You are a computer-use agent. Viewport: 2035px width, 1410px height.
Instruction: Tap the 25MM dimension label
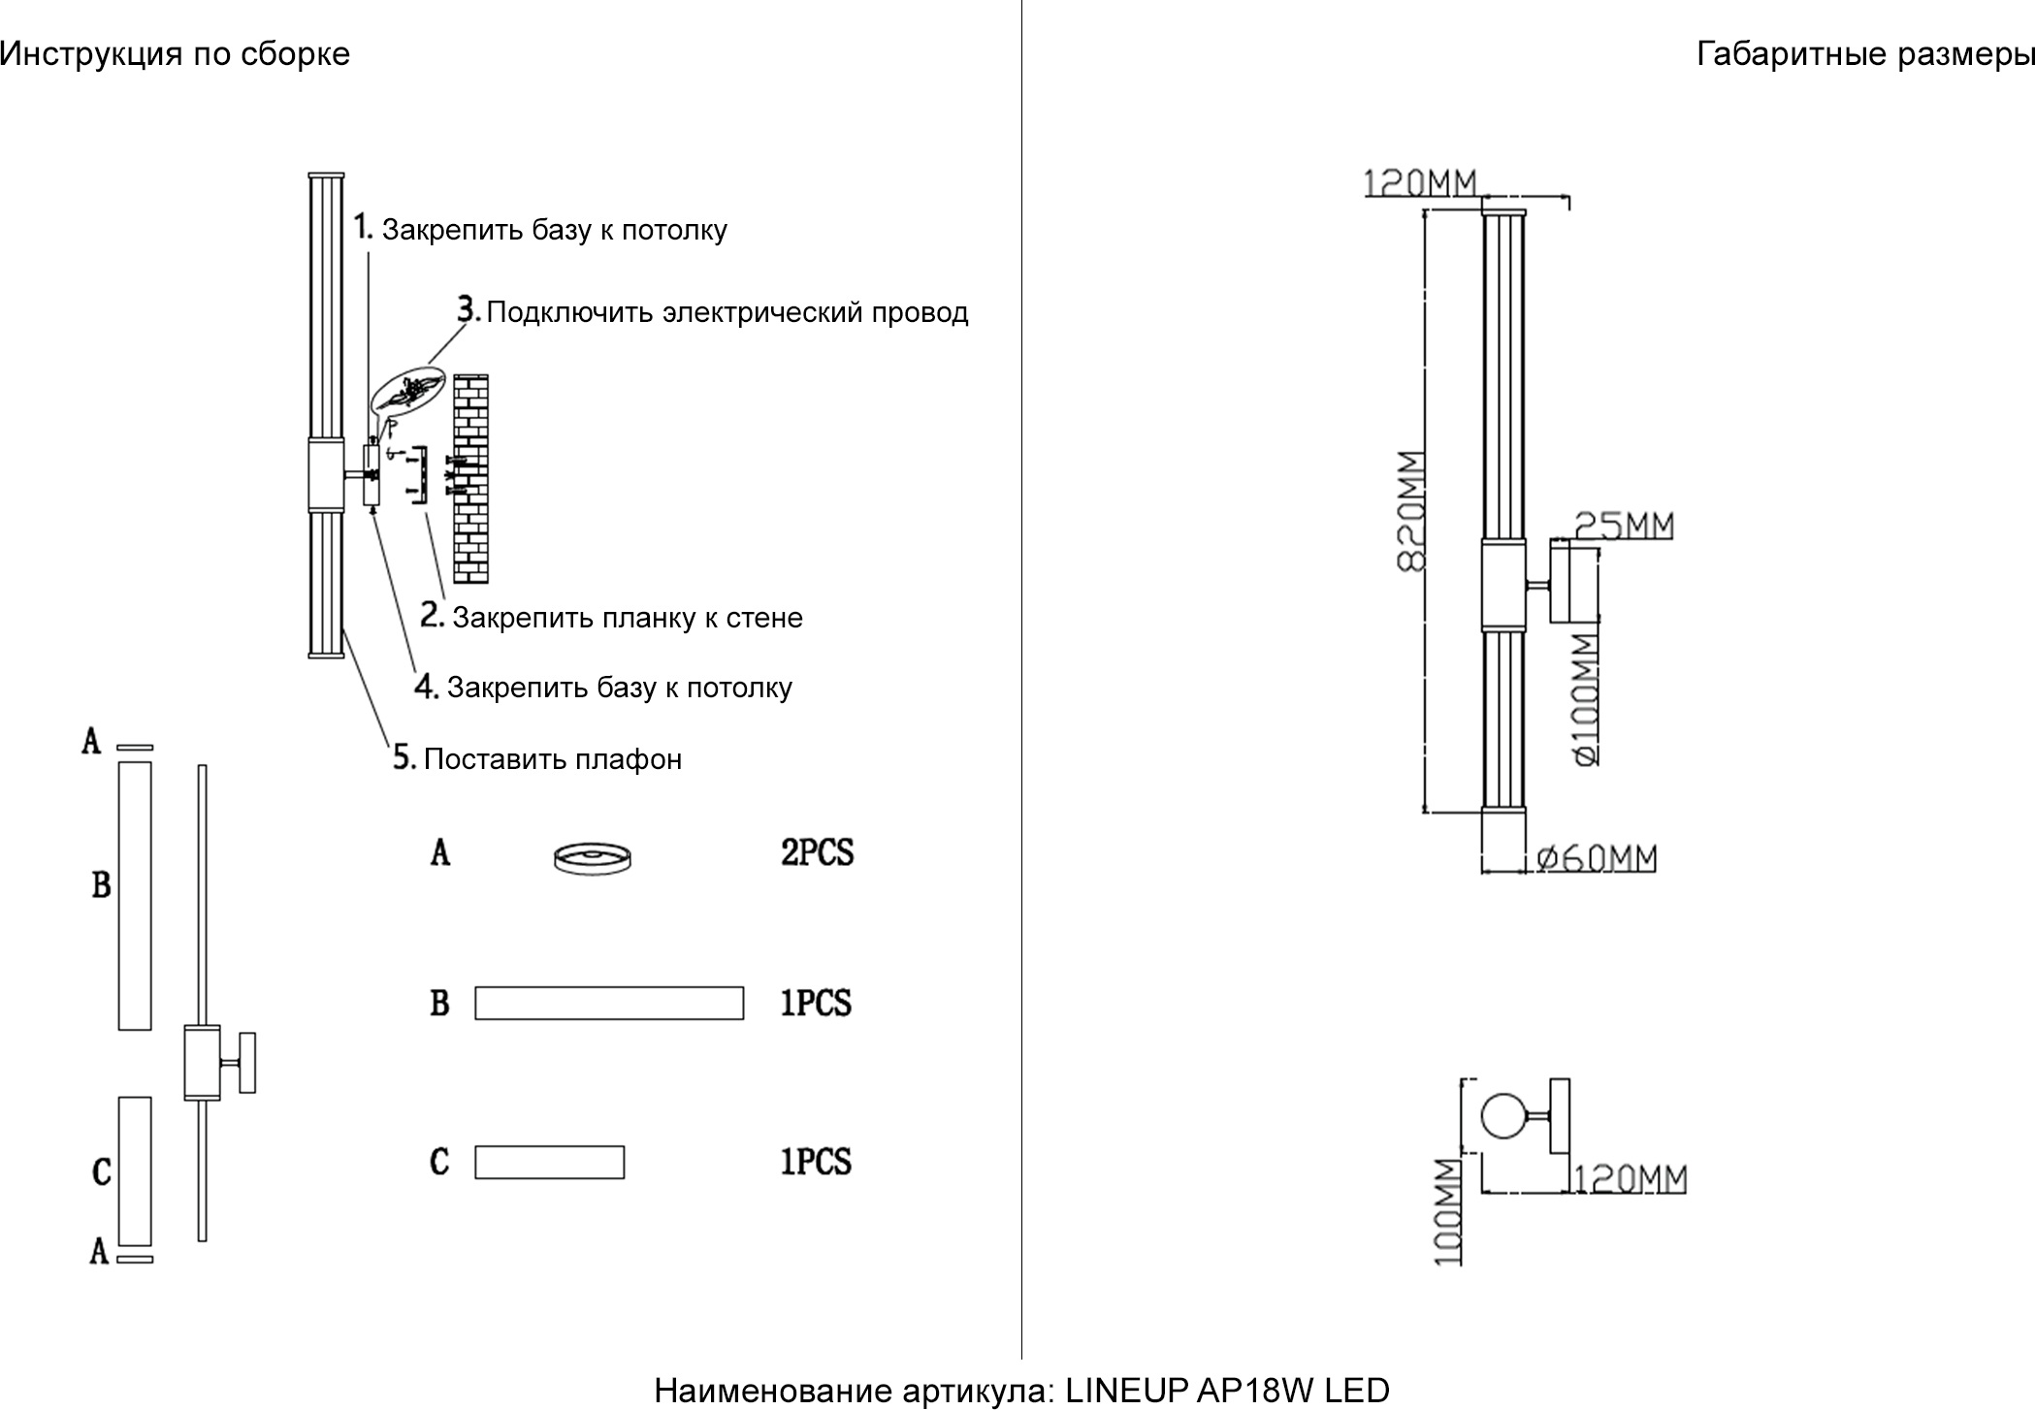click(x=1624, y=526)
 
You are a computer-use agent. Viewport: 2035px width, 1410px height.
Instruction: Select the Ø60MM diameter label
click(x=1598, y=858)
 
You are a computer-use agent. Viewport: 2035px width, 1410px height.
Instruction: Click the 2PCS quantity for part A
click(x=817, y=852)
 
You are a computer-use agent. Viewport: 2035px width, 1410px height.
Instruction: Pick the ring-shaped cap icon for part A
click(x=592, y=858)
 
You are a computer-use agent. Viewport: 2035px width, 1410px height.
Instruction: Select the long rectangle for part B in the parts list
click(x=609, y=1003)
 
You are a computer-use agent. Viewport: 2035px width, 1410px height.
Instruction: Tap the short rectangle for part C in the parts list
click(x=549, y=1162)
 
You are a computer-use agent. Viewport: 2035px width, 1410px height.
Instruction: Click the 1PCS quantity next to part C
click(x=816, y=1162)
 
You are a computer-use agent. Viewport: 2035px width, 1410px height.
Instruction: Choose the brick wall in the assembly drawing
click(x=470, y=478)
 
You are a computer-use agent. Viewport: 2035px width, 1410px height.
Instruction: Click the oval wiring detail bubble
click(x=406, y=392)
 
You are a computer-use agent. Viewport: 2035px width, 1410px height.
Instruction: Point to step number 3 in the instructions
click(x=468, y=310)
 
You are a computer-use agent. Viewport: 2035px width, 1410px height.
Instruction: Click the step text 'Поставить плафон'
click(x=553, y=759)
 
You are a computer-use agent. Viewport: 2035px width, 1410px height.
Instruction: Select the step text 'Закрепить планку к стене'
click(x=628, y=618)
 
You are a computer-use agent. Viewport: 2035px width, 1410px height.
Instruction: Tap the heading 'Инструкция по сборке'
click(x=175, y=54)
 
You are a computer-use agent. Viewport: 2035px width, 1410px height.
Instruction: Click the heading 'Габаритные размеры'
click(x=1864, y=54)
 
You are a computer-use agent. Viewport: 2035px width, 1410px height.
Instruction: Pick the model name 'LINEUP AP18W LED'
click(x=1227, y=1391)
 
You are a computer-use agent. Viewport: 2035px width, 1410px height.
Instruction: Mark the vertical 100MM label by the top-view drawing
click(x=1447, y=1213)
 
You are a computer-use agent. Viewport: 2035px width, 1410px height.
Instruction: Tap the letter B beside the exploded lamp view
click(x=101, y=884)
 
